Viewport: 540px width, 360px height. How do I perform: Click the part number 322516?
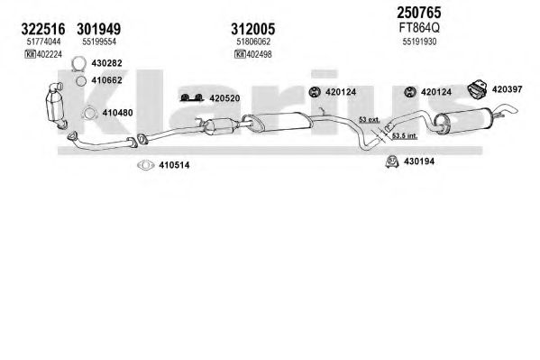point(43,29)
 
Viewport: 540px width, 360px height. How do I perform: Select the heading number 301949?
point(99,29)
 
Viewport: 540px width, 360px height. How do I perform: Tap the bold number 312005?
point(253,29)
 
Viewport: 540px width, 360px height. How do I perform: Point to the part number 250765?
point(419,13)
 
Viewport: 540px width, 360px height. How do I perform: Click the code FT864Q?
point(419,28)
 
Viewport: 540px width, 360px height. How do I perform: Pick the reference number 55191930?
point(419,42)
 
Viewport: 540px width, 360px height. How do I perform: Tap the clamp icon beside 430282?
point(78,64)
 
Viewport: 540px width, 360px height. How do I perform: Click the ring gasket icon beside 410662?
point(81,80)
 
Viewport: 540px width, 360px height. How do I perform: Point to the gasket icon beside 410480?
point(89,113)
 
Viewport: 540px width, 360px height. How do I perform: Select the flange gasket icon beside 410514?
point(146,165)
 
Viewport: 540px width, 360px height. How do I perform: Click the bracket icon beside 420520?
point(192,98)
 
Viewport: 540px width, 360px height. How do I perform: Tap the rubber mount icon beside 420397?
point(477,88)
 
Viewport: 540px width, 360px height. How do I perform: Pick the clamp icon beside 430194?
point(392,162)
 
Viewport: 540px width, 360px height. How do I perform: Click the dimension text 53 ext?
point(370,120)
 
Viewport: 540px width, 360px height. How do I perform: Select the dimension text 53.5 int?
point(405,136)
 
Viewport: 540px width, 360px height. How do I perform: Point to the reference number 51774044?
point(43,42)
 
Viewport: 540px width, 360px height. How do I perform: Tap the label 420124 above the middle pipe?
point(341,92)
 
